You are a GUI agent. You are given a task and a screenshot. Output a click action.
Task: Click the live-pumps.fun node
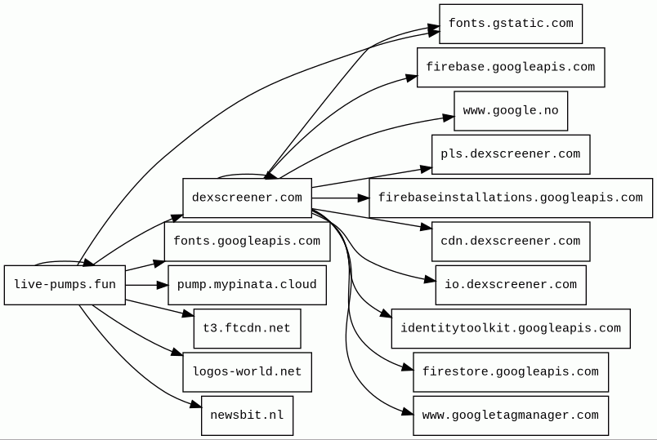click(x=65, y=285)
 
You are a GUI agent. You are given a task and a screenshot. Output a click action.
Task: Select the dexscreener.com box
click(x=248, y=198)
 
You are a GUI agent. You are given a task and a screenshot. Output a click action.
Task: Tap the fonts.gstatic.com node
click(x=511, y=24)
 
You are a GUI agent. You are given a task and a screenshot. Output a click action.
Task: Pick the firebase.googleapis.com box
click(x=511, y=67)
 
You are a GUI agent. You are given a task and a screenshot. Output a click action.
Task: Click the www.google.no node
click(x=511, y=110)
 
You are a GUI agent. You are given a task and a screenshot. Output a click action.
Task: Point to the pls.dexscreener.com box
click(x=511, y=154)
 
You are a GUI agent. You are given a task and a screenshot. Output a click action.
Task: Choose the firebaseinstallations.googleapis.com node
click(x=511, y=198)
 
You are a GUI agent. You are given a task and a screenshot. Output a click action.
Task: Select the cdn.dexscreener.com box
click(x=511, y=241)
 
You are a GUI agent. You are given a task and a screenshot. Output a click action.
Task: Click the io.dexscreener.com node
click(x=511, y=285)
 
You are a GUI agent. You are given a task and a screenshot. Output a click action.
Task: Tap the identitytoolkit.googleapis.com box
click(x=511, y=328)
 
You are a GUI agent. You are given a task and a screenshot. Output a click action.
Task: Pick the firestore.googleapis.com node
click(x=511, y=371)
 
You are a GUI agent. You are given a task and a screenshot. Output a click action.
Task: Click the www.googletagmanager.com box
click(x=511, y=416)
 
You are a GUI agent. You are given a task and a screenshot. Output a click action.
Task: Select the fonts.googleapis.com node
click(x=248, y=241)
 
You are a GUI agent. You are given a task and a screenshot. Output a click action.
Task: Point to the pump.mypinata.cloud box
click(x=248, y=285)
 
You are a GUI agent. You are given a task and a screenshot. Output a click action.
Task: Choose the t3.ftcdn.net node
click(x=248, y=328)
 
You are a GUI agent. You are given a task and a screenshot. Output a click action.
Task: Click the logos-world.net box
click(x=248, y=371)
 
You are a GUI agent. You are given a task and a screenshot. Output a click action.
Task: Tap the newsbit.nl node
click(x=248, y=416)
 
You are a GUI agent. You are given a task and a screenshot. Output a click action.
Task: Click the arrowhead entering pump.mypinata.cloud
click(x=163, y=285)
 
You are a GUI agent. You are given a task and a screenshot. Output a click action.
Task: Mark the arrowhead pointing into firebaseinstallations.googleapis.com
click(x=364, y=198)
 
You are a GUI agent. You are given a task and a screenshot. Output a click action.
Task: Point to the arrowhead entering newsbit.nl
click(x=196, y=404)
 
